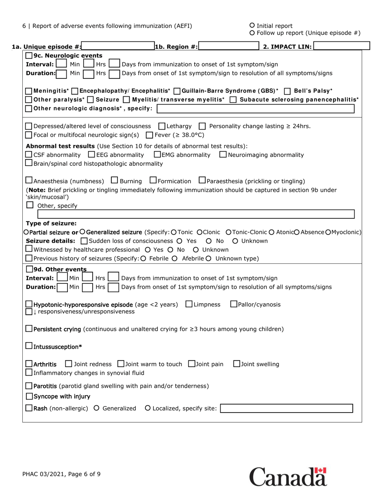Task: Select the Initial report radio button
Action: coord(252,26)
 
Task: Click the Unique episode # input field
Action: coord(118,46)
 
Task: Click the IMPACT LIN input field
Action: coord(341,46)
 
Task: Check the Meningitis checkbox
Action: coord(29,91)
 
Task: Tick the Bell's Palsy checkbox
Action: coord(287,91)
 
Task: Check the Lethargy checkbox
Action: coord(162,126)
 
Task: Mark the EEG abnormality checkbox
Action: coord(91,154)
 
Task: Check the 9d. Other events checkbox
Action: coord(29,269)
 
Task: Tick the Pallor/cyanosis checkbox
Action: coord(234,304)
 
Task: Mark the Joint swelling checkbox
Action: coord(237,364)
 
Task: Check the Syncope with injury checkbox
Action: coord(29,396)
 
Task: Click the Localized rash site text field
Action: coord(286,408)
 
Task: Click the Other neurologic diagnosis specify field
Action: coord(256,109)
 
